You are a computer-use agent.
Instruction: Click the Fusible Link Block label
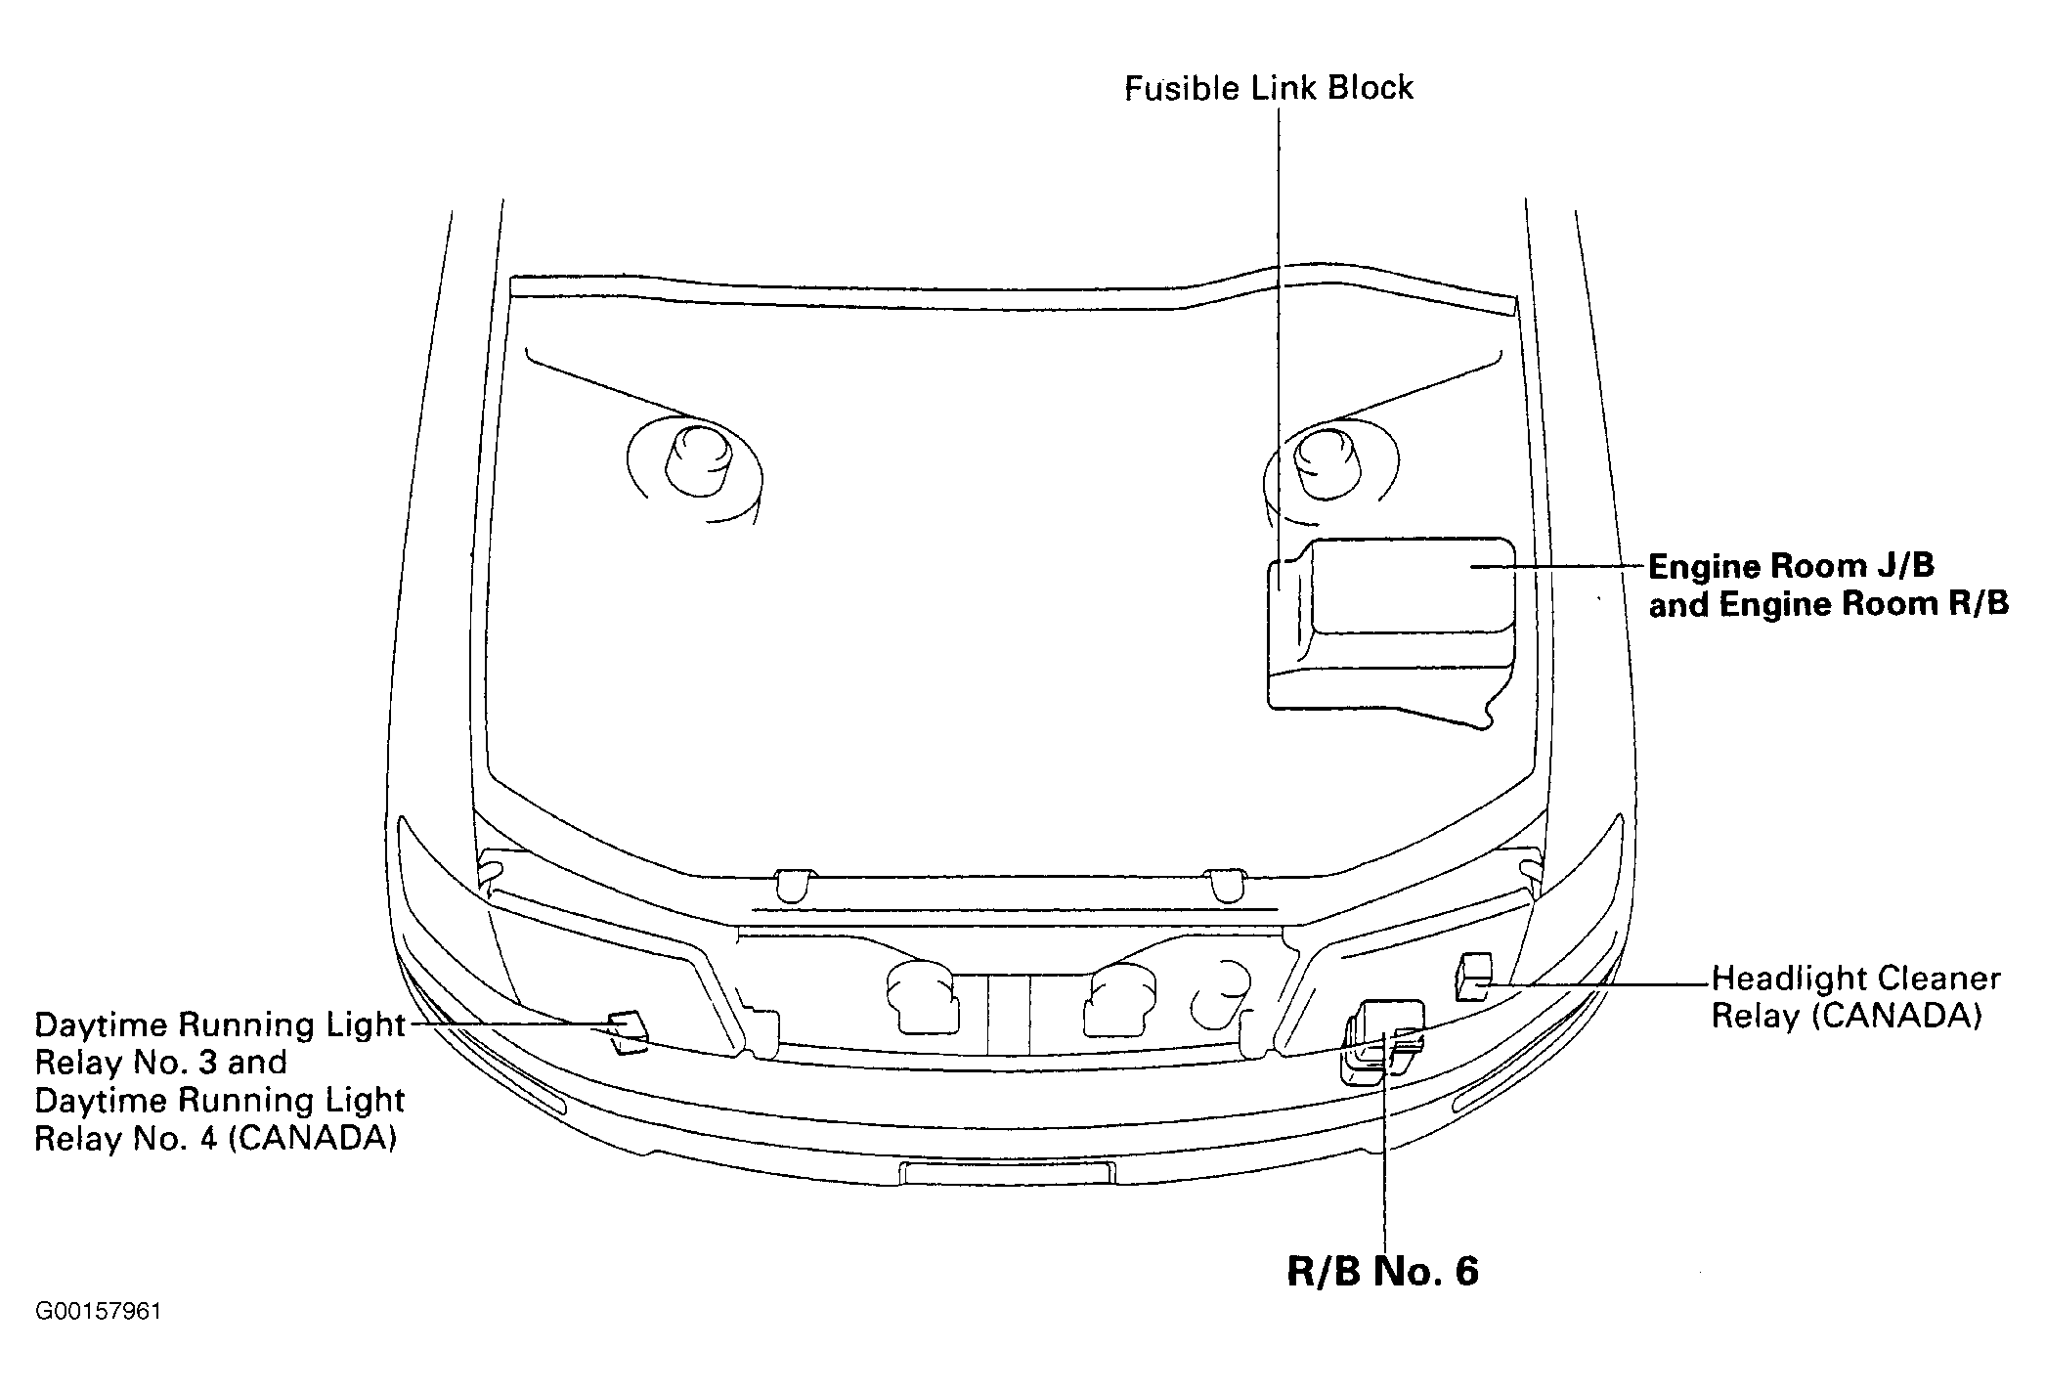point(1268,88)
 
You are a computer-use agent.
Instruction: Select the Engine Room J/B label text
point(1792,566)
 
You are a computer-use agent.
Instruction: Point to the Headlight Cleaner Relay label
point(1855,997)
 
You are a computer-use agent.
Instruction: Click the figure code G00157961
point(98,1311)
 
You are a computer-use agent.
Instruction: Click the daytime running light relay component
point(627,1032)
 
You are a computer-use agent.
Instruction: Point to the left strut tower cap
point(697,459)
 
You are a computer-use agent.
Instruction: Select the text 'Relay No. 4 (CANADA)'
point(216,1139)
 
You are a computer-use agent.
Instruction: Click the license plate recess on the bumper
point(1006,1173)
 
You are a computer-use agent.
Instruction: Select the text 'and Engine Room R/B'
point(1829,604)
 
